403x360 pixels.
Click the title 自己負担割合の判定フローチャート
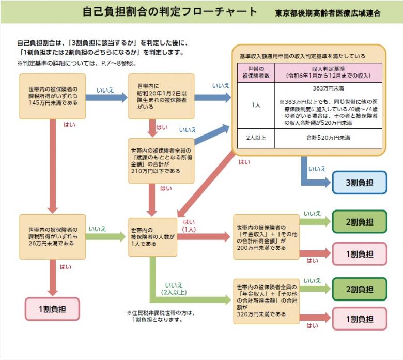(170, 12)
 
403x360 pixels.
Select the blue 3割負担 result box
(359, 183)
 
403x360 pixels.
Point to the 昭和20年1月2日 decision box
(161, 96)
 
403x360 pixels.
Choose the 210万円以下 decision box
(161, 160)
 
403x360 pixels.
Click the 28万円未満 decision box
(53, 236)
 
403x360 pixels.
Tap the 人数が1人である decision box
(153, 236)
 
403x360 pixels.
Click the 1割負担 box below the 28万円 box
(52, 309)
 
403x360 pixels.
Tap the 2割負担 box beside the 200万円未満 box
(359, 222)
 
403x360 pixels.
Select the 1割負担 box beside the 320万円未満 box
(359, 319)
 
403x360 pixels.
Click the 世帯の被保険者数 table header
(256, 72)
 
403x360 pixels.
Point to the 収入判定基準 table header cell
(328, 72)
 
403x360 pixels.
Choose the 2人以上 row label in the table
(256, 139)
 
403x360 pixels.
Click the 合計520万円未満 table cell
(328, 139)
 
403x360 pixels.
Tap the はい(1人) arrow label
(189, 225)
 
